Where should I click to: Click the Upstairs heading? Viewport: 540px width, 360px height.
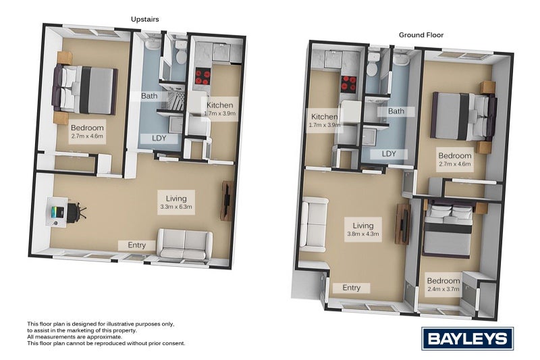pos(145,20)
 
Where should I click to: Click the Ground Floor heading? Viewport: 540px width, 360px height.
pos(421,34)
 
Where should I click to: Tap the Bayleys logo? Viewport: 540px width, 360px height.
pos(467,338)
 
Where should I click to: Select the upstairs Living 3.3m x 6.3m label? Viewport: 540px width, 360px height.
pos(176,202)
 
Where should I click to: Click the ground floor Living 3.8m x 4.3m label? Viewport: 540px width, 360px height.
pos(363,230)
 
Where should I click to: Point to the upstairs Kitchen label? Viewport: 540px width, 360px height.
pos(220,109)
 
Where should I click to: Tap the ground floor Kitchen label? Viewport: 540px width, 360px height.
pos(325,120)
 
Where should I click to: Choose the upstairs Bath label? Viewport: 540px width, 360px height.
pos(150,96)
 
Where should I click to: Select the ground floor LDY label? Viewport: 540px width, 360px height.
pos(389,154)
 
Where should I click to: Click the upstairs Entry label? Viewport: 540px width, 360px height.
pos(137,245)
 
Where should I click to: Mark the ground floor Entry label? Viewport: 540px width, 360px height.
pos(352,288)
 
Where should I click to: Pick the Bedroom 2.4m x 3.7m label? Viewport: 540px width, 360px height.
pos(443,284)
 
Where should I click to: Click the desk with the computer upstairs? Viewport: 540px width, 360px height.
pos(58,211)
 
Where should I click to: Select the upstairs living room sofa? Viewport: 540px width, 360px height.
pos(185,244)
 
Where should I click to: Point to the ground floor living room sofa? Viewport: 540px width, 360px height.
pos(314,222)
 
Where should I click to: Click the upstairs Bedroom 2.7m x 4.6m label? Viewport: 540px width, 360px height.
pos(87,131)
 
